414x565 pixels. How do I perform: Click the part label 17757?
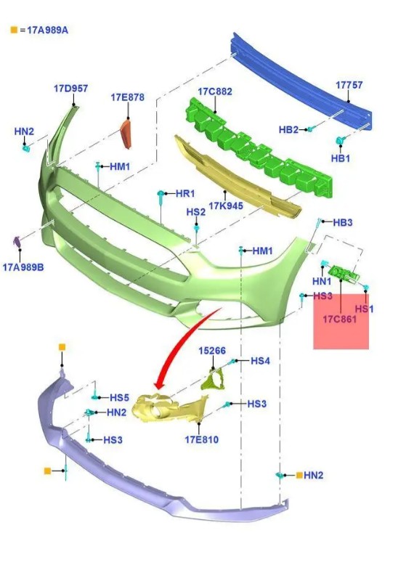pos(349,85)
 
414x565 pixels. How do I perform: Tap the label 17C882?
pos(215,92)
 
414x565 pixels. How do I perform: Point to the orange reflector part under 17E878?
pos(126,134)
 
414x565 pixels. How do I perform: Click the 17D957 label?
pos(71,89)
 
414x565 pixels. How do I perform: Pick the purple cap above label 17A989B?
pos(17,242)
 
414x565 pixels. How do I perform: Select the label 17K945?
pos(226,206)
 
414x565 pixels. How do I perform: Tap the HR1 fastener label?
pos(185,193)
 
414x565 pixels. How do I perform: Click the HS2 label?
pos(195,212)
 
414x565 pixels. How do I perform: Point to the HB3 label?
pos(342,222)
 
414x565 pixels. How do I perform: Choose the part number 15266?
pos(212,351)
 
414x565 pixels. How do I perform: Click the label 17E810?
pos(202,439)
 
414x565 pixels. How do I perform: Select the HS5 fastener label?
pos(119,397)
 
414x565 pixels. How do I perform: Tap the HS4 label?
pos(260,360)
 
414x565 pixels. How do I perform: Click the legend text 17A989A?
pos(47,30)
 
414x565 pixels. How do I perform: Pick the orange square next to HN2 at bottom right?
pos(299,475)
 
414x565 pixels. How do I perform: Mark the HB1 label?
pos(340,158)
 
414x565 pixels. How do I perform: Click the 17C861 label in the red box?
pos(339,320)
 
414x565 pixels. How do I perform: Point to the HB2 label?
pos(288,129)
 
